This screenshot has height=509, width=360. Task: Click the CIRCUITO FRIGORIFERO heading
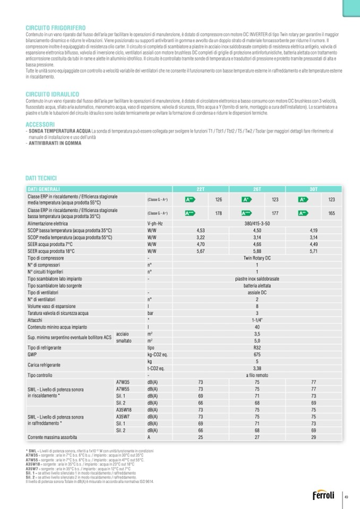(x=56, y=27)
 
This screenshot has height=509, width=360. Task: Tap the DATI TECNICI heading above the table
(x=41, y=178)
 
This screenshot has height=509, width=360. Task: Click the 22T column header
(x=201, y=188)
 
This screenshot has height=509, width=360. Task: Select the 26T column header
(x=257, y=188)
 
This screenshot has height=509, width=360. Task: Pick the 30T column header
(x=313, y=188)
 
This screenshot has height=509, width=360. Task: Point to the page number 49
(x=346, y=497)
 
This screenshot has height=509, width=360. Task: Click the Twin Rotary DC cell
(x=257, y=258)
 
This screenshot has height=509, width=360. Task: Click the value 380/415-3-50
(x=257, y=223)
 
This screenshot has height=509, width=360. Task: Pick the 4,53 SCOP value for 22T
(x=201, y=230)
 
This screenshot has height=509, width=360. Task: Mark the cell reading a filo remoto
(x=257, y=375)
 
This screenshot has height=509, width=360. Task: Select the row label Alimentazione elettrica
(x=48, y=223)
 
